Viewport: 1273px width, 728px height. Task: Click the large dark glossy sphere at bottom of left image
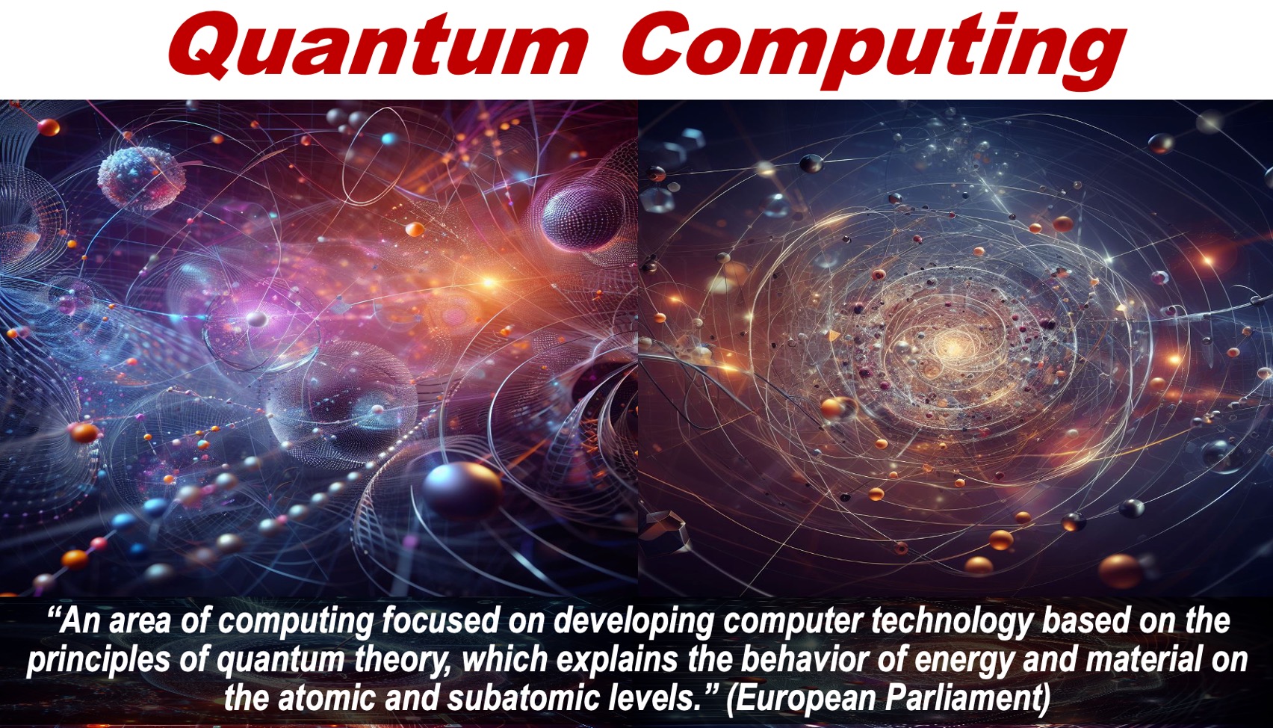(462, 488)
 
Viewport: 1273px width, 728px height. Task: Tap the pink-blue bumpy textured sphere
(141, 177)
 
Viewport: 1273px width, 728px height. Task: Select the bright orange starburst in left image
(489, 281)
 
